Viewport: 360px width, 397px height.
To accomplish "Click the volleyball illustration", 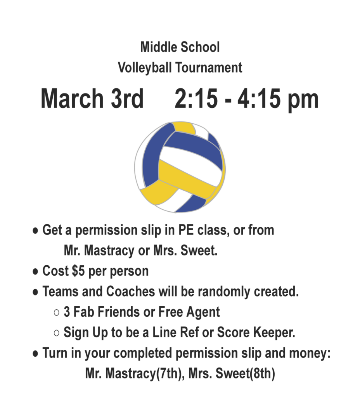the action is coord(180,167).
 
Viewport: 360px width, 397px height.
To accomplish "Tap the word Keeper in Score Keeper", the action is coord(274,333).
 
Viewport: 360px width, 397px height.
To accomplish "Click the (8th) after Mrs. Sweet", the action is coord(262,374).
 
